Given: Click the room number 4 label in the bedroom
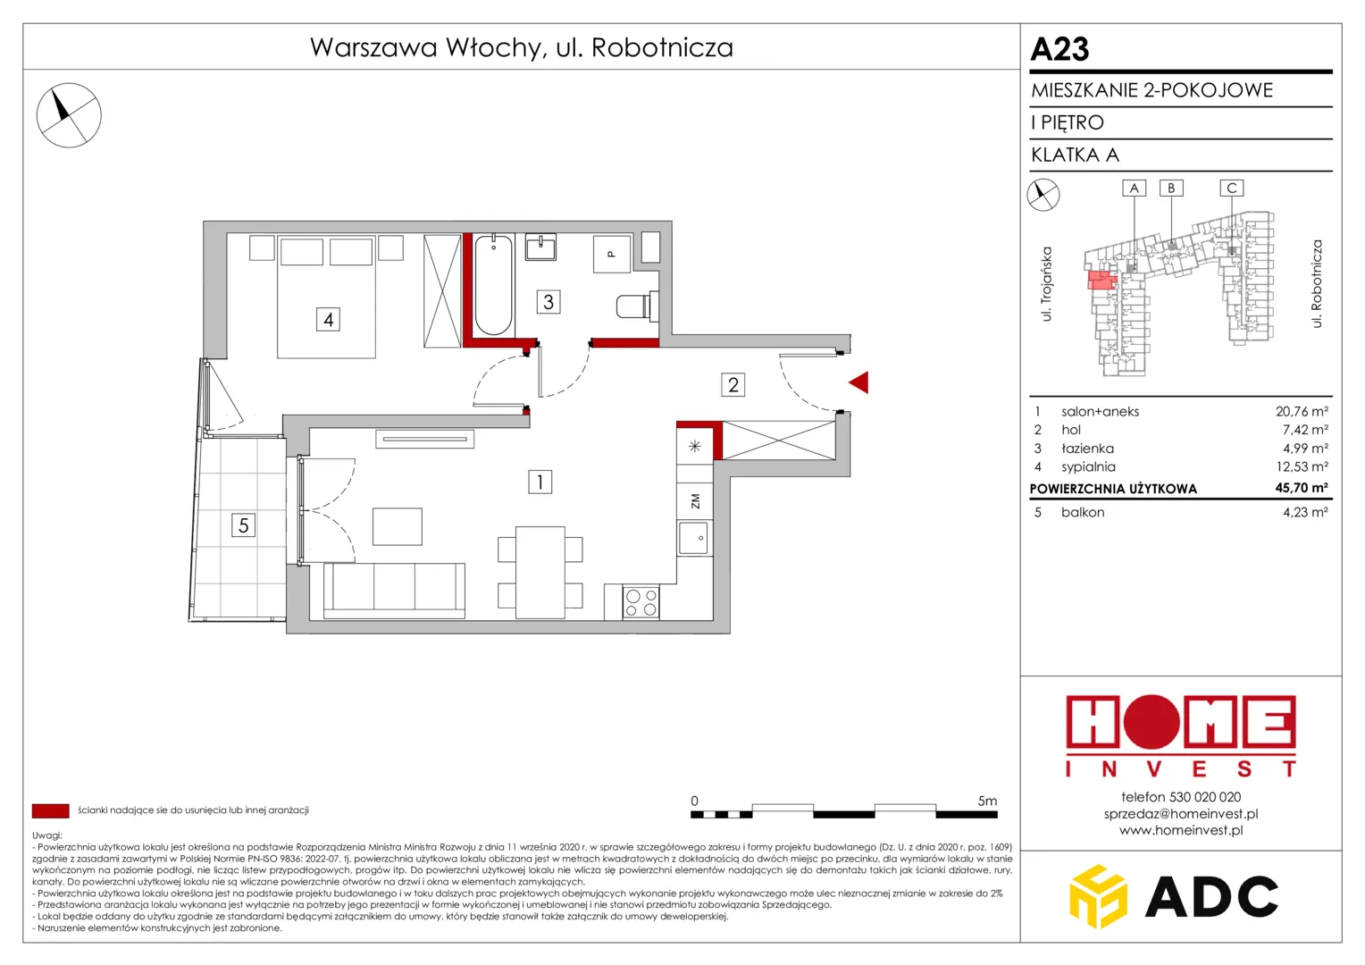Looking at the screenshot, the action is click(x=328, y=319).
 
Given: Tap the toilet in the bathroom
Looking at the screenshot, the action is click(x=638, y=306).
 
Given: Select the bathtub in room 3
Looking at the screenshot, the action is click(x=493, y=285).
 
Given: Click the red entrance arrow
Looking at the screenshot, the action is click(x=859, y=382).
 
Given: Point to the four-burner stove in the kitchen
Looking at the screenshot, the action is click(x=641, y=602).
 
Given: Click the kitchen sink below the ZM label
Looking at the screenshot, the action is click(x=694, y=538).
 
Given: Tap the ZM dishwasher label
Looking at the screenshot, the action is click(x=695, y=501).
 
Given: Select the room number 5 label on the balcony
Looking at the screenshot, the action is click(x=243, y=524).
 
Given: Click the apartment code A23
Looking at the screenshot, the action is click(x=1059, y=49).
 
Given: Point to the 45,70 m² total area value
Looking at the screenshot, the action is click(x=1301, y=488).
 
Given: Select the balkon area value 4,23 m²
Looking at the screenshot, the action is click(x=1304, y=512).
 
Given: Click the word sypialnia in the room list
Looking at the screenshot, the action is click(x=1088, y=467).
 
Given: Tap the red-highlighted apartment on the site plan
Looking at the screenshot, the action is click(x=1101, y=281).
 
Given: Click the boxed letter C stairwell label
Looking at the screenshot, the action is click(x=1232, y=188).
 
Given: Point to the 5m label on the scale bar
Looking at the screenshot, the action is click(x=987, y=801).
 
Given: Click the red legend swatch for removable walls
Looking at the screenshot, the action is click(x=51, y=810).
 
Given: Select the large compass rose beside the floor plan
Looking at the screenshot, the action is click(x=69, y=115).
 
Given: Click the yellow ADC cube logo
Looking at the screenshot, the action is click(x=1099, y=896).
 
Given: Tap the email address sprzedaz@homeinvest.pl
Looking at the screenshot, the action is click(x=1181, y=814).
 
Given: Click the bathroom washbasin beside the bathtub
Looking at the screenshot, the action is click(x=540, y=248).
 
